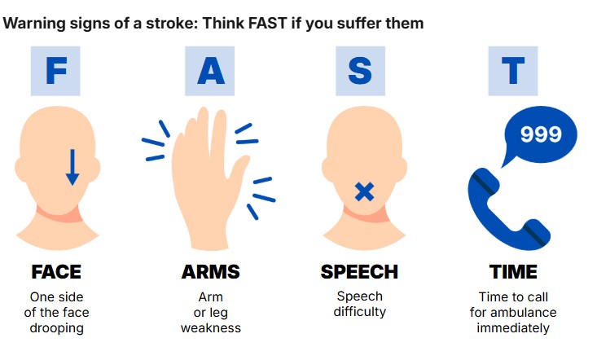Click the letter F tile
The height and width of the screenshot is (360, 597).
55,71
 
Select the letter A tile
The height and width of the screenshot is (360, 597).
210,71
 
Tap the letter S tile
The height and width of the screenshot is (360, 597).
360,71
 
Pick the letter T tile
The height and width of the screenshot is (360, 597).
513,71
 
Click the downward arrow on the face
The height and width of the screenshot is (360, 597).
72,168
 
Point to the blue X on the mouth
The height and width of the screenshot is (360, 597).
364,191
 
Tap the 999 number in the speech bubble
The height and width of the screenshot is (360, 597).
541,134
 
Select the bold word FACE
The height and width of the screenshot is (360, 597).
56,272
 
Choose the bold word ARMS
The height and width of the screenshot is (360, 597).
211,272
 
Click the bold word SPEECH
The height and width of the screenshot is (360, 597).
359,272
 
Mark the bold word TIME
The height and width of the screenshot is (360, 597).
513,272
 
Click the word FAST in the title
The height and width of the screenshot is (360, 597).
267,24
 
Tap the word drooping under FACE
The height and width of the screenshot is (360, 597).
57,328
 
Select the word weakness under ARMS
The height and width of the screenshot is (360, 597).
211,327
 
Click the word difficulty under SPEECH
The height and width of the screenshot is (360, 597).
360,312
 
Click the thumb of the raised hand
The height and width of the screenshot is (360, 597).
239,168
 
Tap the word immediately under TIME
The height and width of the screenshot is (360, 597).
513,328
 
